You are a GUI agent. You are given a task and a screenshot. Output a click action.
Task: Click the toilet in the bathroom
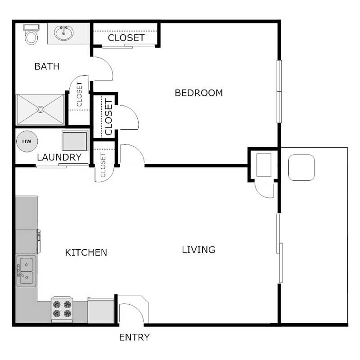tap(31, 34)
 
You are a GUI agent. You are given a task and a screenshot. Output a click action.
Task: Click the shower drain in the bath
tap(40, 109)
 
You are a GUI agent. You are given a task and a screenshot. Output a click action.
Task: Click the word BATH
tap(47, 67)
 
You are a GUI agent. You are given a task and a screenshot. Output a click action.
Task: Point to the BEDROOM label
tap(198, 93)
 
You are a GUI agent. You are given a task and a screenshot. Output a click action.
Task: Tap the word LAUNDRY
tap(59, 157)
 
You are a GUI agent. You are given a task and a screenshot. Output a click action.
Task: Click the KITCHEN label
tap(86, 252)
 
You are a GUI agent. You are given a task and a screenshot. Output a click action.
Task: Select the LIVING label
tap(198, 249)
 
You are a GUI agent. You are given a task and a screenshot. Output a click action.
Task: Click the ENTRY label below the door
tap(134, 337)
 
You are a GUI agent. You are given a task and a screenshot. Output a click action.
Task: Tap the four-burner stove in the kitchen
tap(62, 309)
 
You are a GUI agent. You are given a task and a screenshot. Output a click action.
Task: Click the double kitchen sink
tap(26, 271)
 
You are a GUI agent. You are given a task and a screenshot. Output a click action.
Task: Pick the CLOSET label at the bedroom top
tap(126, 38)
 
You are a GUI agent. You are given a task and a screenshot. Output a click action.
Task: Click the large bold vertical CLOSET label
tap(108, 117)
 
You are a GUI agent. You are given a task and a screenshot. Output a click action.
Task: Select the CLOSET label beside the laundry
tap(103, 165)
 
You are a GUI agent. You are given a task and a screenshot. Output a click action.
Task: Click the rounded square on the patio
tap(301, 168)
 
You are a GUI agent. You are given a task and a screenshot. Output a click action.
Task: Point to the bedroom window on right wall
tap(279, 91)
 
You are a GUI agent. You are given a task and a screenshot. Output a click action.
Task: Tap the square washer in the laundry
tap(75, 140)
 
